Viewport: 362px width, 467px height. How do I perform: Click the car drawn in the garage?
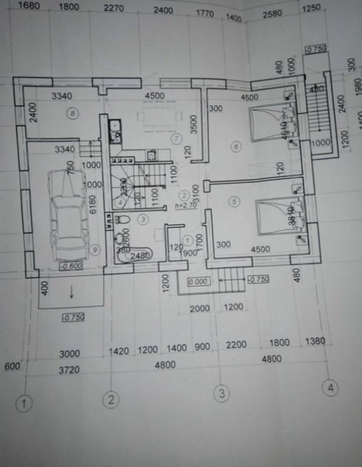coord(69,213)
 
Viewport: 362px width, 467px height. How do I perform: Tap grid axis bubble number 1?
coord(24,403)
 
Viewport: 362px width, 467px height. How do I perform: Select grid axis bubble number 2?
coord(110,399)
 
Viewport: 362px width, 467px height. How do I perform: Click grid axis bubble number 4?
coord(332,388)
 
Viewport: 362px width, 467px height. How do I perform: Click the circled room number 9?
coord(96,249)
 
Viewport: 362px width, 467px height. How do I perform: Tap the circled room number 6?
coord(236,147)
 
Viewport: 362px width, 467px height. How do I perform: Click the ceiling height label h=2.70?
coord(185,205)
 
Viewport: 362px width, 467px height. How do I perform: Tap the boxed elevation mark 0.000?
coord(199,281)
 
